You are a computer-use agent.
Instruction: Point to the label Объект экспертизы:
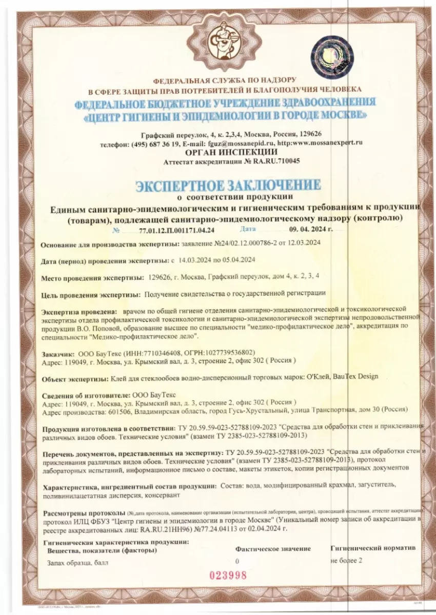pos(75,377)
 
